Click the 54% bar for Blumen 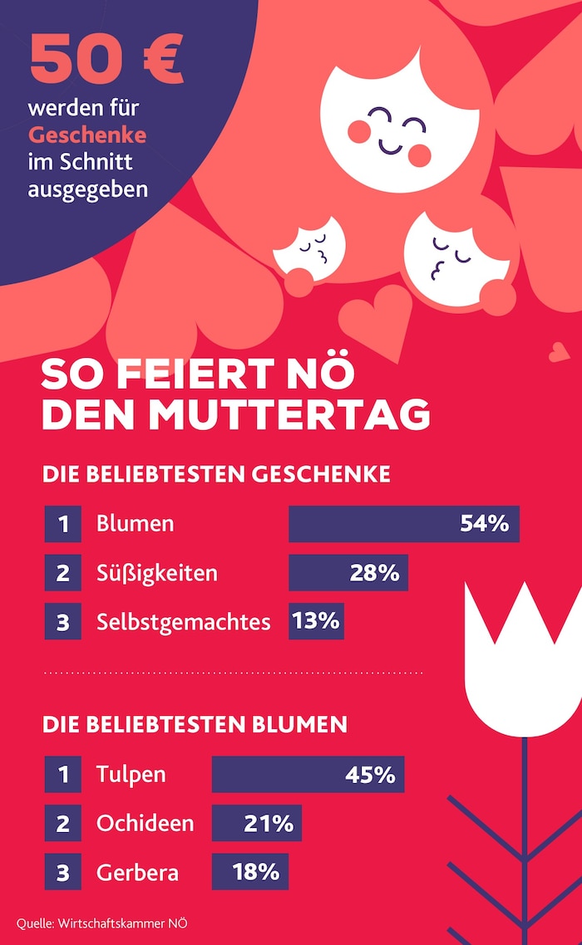pos(403,524)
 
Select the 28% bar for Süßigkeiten pos(348,573)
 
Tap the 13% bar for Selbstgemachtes pos(316,621)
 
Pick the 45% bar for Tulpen pos(308,774)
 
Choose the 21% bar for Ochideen pos(256,823)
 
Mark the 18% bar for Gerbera pos(249,872)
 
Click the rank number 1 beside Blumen pos(63,524)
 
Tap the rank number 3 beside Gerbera pos(63,872)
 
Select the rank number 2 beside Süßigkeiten pos(63,573)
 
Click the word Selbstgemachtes pos(184,622)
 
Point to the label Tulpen pos(131,774)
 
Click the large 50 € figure pos(106,60)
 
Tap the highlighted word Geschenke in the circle pos(87,135)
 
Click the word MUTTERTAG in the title pos(300,414)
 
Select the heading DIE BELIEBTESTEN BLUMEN pos(195,724)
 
